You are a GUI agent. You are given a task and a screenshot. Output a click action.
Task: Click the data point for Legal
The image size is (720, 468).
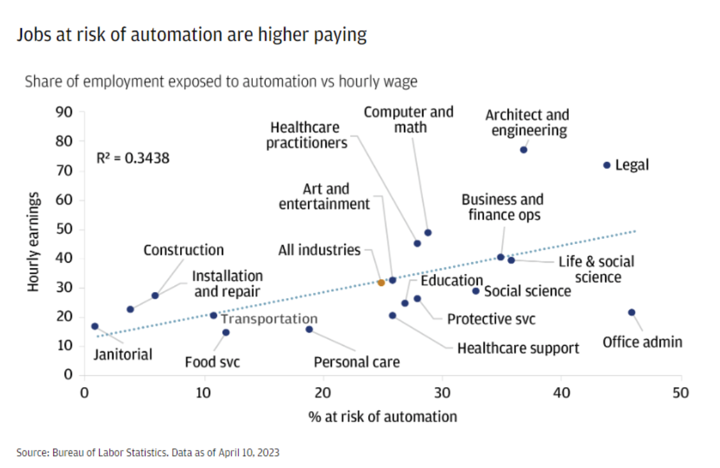606,165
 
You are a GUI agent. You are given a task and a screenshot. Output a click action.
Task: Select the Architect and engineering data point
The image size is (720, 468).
524,150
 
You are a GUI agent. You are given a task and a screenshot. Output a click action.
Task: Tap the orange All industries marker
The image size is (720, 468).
381,283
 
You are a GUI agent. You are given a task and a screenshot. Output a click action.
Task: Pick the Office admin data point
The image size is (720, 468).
632,312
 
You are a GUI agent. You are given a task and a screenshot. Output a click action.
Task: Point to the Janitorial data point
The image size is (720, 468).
95,326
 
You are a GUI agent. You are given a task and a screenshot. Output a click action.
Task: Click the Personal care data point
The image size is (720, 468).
309,329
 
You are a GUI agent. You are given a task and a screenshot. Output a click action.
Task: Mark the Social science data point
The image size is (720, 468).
476,291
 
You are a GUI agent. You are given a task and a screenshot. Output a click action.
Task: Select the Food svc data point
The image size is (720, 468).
226,332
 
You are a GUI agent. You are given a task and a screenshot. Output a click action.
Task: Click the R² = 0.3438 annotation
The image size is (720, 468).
133,157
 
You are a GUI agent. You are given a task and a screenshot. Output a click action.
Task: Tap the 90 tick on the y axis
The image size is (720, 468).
66,113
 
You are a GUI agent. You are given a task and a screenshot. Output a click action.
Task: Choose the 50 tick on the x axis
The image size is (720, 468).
681,393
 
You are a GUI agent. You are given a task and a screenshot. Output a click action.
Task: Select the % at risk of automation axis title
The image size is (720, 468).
382,416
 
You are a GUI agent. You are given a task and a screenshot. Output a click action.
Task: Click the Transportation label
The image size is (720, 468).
268,319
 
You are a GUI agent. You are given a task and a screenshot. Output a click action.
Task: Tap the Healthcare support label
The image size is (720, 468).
518,348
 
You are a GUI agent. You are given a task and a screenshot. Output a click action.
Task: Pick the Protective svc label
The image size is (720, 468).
491,319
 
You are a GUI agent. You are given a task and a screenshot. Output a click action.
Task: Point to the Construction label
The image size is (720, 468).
184,250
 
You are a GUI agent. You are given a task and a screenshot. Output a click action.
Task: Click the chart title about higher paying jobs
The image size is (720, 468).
192,35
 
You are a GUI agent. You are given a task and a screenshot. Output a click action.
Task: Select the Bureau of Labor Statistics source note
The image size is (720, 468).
148,452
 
